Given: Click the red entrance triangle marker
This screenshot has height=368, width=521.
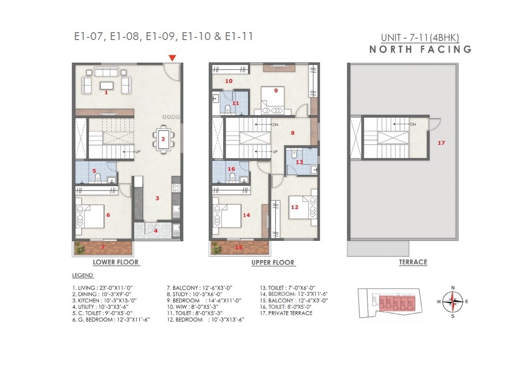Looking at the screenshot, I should pos(172,58).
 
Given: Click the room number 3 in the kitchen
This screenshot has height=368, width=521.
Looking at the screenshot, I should pos(157,198).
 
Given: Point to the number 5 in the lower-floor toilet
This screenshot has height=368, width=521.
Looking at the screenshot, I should pos(94,171).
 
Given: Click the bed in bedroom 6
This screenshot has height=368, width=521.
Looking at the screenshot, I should pos(90,215).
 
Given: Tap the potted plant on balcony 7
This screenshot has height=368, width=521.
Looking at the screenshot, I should pos(79,248).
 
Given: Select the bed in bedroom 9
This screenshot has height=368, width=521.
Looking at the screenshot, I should pos(272,100).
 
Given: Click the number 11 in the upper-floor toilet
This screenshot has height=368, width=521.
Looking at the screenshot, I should pos(235,103).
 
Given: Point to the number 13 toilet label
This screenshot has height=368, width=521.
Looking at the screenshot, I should pos(299,162).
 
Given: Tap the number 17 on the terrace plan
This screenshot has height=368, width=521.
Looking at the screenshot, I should pos(441,143).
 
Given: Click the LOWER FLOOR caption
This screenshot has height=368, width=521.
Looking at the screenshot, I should pos(115,262).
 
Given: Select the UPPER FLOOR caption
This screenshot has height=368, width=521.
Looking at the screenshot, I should pos(273,262).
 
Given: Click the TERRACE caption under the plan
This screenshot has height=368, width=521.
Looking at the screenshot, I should pos(413,262).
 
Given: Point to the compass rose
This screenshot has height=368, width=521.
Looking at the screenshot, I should pos(453,302).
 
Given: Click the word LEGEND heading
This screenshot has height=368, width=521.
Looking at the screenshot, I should pos(82,275).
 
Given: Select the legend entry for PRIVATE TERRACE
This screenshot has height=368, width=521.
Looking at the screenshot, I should pos(286,313).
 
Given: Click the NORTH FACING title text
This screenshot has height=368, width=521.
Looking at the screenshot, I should pos(420,49).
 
